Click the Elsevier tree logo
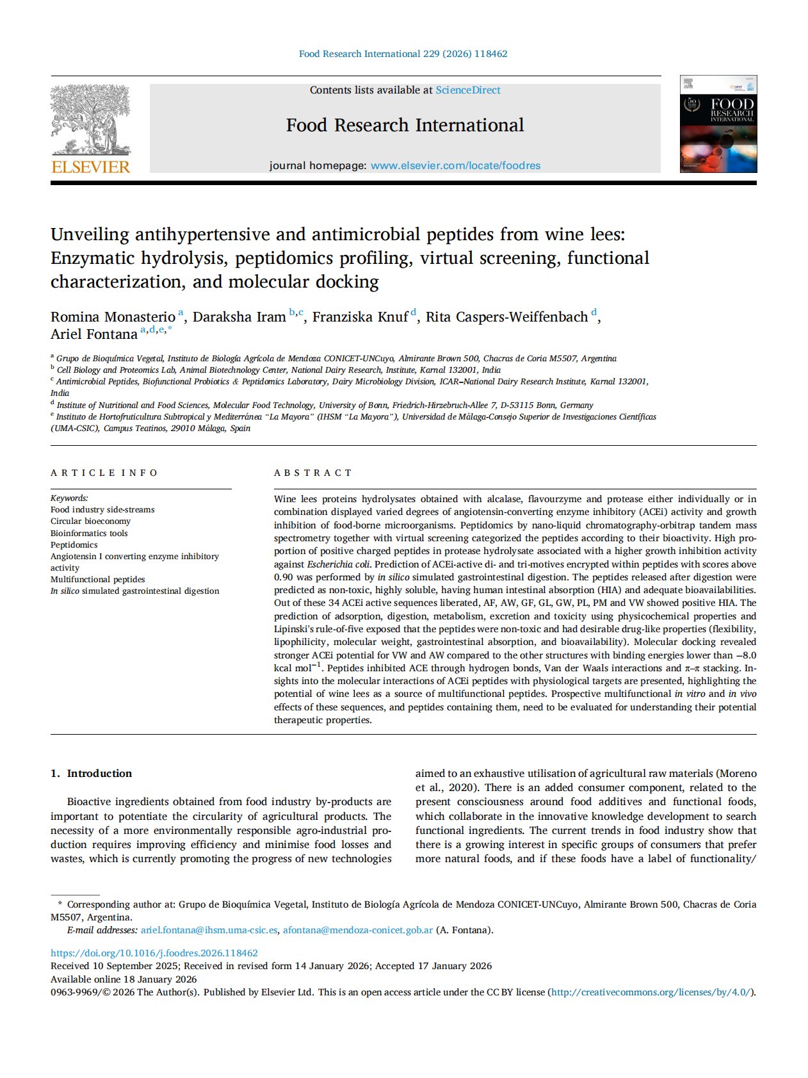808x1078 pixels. pos(90,120)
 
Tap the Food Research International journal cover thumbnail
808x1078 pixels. pos(718,124)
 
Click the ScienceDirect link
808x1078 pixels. pos(468,90)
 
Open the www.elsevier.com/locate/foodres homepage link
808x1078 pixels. pos(455,166)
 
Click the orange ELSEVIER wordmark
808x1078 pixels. pos(90,167)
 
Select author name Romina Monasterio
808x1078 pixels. pos(113,317)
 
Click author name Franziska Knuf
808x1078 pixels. pos(360,317)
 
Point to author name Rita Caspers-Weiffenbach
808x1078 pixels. pos(506,317)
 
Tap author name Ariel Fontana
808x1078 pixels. pos(93,334)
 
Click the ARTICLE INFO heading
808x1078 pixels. pos(104,473)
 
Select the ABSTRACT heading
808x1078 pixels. pos(313,473)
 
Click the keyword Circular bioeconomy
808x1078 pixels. pos(90,521)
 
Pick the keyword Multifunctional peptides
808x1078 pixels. pos(97,579)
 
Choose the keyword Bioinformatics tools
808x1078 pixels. pos(89,533)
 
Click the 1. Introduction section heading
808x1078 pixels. pos(92,773)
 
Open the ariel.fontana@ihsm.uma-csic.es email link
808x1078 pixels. pos(209,930)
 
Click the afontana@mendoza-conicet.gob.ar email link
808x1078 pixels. pos(358,930)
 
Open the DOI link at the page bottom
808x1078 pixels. pos(154,953)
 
